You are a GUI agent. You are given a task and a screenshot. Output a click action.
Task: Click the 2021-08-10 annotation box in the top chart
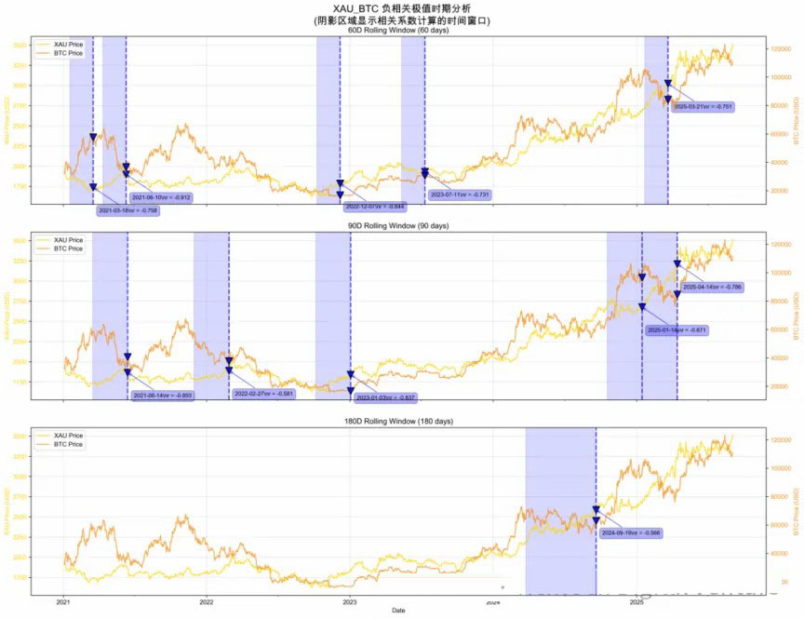pyautogui.click(x=161, y=197)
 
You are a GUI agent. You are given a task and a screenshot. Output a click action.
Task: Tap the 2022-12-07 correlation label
pyautogui.click(x=375, y=206)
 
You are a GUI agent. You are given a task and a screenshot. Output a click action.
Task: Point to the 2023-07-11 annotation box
pyautogui.click(x=460, y=195)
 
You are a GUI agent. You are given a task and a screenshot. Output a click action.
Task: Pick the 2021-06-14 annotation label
pyautogui.click(x=163, y=396)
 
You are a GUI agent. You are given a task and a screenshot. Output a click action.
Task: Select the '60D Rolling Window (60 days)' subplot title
pyautogui.click(x=397, y=30)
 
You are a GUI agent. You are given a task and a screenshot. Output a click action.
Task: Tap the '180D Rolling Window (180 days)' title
pyautogui.click(x=397, y=422)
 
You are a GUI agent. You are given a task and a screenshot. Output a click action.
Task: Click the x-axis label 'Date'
pyautogui.click(x=398, y=611)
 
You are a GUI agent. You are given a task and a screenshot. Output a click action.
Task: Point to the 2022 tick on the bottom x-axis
pyautogui.click(x=207, y=602)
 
